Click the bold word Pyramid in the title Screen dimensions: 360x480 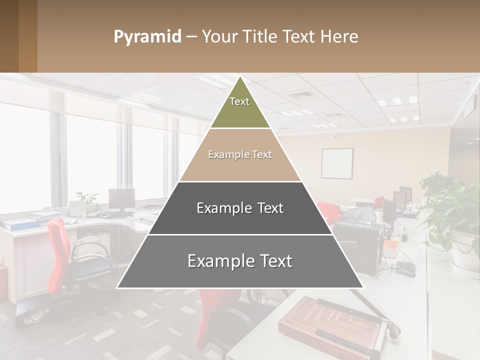coord(147,36)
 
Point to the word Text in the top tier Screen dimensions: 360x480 coord(239,101)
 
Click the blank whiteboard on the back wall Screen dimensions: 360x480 coord(336,163)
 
